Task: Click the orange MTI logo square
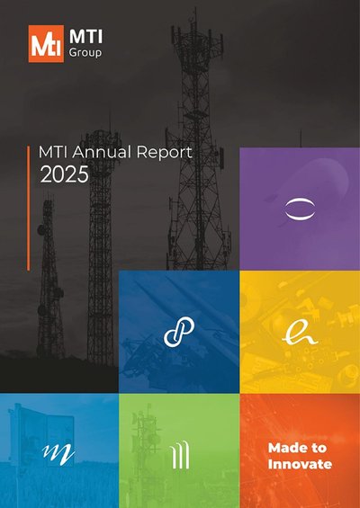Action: pos(46,44)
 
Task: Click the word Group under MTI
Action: pos(85,52)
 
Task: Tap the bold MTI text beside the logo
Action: pos(85,36)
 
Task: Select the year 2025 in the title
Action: pos(64,174)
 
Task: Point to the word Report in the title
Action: pos(164,153)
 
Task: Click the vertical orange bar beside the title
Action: pos(29,208)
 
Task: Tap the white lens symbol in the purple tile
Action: pos(300,209)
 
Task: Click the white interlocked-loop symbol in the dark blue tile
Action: pos(179,332)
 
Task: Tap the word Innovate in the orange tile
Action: pos(300,464)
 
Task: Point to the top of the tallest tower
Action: pos(196,9)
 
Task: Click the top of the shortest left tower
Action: pos(49,196)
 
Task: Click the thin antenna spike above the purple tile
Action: pos(301,138)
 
